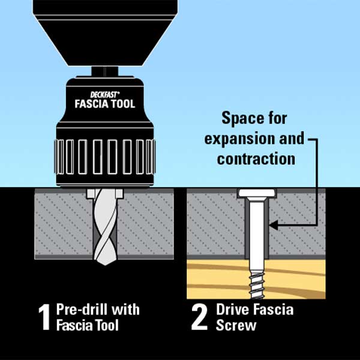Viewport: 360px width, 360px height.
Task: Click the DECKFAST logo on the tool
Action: click(x=105, y=95)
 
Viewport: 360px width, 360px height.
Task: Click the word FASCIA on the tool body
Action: click(x=90, y=104)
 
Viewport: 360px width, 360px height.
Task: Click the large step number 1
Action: click(x=44, y=317)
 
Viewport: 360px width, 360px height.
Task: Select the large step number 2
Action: click(x=199, y=317)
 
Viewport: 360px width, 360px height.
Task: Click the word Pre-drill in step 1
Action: click(x=82, y=310)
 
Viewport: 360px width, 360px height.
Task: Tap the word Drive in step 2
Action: click(x=233, y=310)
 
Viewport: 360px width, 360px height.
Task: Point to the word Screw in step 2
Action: click(x=236, y=325)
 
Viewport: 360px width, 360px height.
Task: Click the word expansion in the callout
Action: click(x=239, y=139)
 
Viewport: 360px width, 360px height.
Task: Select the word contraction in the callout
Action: click(x=256, y=159)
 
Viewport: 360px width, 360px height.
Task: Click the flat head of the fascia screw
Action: click(x=257, y=193)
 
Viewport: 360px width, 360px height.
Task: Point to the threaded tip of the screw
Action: click(x=256, y=284)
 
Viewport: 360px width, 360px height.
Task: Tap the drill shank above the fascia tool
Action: click(x=105, y=71)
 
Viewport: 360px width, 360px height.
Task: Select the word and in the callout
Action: click(x=292, y=139)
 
